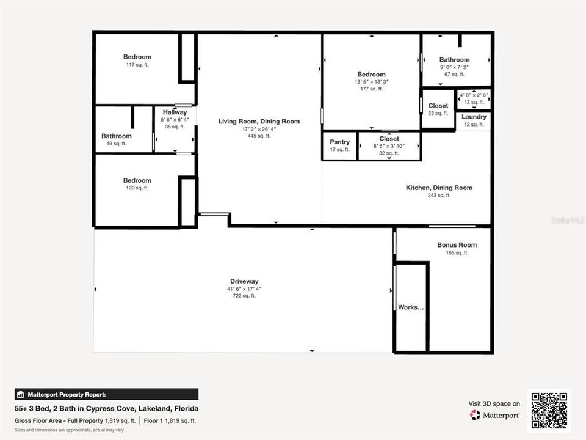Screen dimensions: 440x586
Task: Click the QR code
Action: (x=549, y=411)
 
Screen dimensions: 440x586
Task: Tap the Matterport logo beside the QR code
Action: (x=494, y=415)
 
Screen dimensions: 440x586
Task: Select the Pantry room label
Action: (x=339, y=142)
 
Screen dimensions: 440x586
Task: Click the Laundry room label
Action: (x=474, y=117)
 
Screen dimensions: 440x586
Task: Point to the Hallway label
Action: (x=175, y=112)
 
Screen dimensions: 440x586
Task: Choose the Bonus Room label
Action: (x=457, y=245)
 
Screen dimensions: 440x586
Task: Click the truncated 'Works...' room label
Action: (x=411, y=307)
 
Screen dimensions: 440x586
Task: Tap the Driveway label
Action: (x=244, y=282)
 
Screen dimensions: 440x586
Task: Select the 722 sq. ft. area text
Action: (x=244, y=296)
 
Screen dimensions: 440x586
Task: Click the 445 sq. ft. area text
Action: (x=259, y=136)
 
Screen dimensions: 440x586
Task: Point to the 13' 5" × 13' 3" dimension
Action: (x=371, y=82)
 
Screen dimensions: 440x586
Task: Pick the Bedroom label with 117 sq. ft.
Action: (x=137, y=57)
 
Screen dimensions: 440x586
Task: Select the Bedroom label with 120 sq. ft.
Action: (x=137, y=180)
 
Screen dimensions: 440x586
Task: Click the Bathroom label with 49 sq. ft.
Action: (x=116, y=136)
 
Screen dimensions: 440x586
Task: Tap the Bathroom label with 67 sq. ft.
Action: (x=454, y=60)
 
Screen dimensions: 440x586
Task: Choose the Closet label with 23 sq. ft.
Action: (x=438, y=106)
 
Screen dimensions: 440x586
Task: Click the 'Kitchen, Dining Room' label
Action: (x=439, y=188)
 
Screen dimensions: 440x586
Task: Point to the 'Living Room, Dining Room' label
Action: (x=259, y=122)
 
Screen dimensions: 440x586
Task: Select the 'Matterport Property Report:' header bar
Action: (x=106, y=394)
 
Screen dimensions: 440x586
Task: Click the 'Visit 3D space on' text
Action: (x=494, y=403)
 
